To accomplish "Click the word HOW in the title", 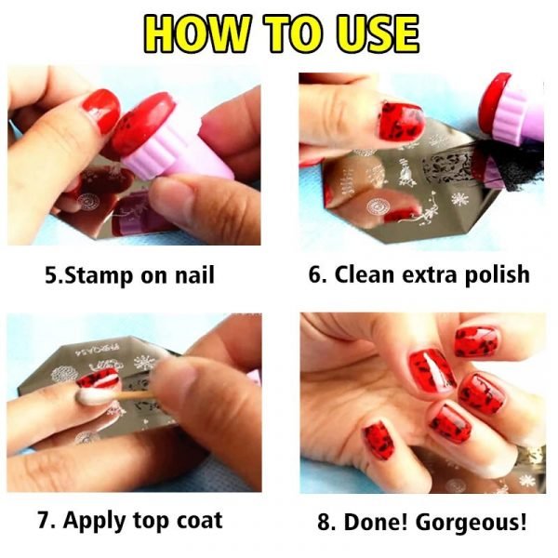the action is pos(195,33).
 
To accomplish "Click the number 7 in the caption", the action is pos(43,521).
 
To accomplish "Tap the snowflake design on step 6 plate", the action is pos(458,199).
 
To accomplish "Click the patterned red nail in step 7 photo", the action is pos(98,379).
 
